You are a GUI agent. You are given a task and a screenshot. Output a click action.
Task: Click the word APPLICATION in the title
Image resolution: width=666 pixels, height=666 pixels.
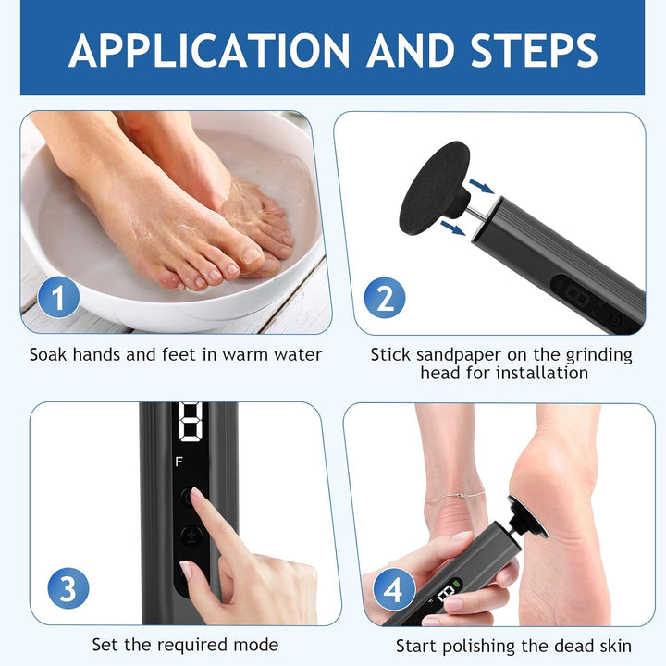click(209, 51)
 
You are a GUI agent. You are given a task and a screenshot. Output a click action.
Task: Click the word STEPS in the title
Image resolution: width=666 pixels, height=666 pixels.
click(535, 51)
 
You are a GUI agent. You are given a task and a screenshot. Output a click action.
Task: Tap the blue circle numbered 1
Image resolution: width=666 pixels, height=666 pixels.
click(58, 297)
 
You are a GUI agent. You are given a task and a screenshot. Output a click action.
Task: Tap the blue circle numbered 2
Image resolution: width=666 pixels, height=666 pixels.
click(385, 298)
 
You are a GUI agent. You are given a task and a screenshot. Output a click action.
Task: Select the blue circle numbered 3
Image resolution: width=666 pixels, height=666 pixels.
click(68, 588)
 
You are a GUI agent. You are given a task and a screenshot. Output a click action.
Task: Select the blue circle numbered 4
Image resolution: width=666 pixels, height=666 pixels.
click(394, 589)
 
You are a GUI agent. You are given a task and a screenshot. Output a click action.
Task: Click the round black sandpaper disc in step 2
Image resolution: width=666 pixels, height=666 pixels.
click(434, 188)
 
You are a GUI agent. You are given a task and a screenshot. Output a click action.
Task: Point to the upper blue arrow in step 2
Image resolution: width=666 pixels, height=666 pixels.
click(481, 186)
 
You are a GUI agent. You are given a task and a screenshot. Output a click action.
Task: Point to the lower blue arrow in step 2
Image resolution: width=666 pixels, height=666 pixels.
click(453, 228)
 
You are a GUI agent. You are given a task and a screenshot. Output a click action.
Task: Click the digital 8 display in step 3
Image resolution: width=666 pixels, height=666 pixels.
click(190, 421)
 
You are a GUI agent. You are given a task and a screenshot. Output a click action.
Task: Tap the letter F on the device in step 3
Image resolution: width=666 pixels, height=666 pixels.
click(179, 462)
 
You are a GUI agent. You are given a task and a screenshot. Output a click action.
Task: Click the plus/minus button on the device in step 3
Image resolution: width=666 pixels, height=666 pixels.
click(191, 536)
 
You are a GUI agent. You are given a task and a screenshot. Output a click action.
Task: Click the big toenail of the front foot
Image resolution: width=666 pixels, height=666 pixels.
click(252, 255)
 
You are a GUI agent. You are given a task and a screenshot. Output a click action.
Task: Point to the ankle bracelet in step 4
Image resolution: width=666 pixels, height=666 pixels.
click(454, 496)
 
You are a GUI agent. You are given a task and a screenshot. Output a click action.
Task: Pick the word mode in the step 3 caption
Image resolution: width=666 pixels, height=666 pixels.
click(255, 645)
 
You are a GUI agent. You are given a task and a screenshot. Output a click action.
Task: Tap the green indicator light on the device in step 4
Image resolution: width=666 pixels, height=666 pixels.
click(457, 584)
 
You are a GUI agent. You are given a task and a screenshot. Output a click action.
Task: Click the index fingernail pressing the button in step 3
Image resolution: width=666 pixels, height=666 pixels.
click(197, 493)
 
